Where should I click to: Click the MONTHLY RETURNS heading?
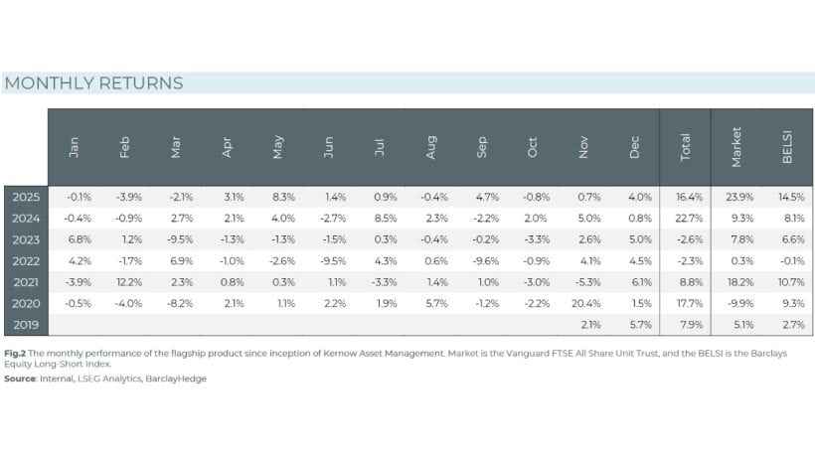click(x=94, y=83)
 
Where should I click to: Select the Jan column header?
click(x=74, y=147)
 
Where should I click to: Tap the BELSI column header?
click(x=787, y=147)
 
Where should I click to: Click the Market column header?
click(x=736, y=147)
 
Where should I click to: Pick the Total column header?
click(x=685, y=147)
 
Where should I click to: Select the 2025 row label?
click(x=26, y=197)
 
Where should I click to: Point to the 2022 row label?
click(x=26, y=261)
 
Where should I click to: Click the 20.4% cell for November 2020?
click(x=583, y=304)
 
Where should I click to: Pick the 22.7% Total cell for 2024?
click(x=685, y=219)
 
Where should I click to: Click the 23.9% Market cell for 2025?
click(x=736, y=197)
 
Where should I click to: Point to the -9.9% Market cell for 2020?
click(x=736, y=304)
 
